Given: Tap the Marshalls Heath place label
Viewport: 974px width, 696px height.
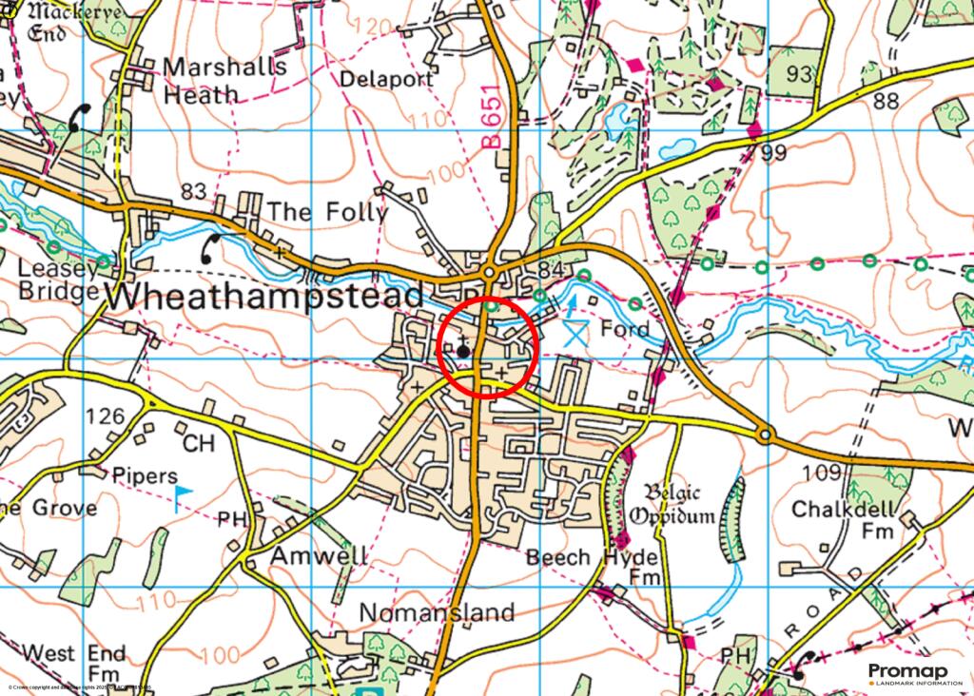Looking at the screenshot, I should coord(225,81).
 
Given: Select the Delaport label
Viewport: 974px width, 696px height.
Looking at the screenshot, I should coord(386,80).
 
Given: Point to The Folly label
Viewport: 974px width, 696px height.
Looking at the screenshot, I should coord(326,211).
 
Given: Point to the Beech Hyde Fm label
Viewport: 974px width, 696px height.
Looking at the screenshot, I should coord(594,568).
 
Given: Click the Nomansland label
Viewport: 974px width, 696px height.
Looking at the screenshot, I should coord(438,612).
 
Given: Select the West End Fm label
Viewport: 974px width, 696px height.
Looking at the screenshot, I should coord(74,665).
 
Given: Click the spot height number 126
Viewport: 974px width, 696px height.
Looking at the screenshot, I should coord(105,416).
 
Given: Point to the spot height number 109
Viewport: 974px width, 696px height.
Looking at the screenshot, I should coord(823,474).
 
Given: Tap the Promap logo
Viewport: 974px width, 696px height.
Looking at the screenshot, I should coord(905,673).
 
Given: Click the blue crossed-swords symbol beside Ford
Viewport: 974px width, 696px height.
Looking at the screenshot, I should coord(574,333).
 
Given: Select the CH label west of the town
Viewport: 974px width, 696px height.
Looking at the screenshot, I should coord(198,445).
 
